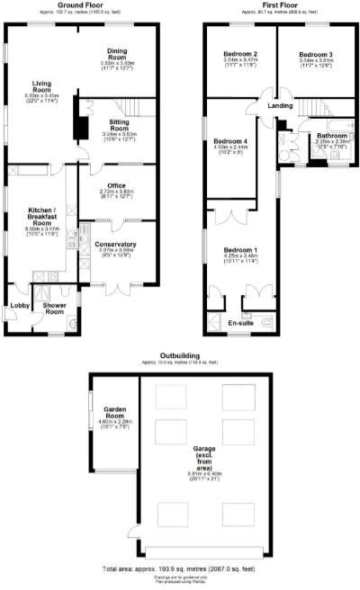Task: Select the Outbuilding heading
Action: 179,355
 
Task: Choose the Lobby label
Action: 19,306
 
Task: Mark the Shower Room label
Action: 49,308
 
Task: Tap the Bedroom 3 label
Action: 316,55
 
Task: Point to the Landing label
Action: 280,106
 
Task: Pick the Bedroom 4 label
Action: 230,142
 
